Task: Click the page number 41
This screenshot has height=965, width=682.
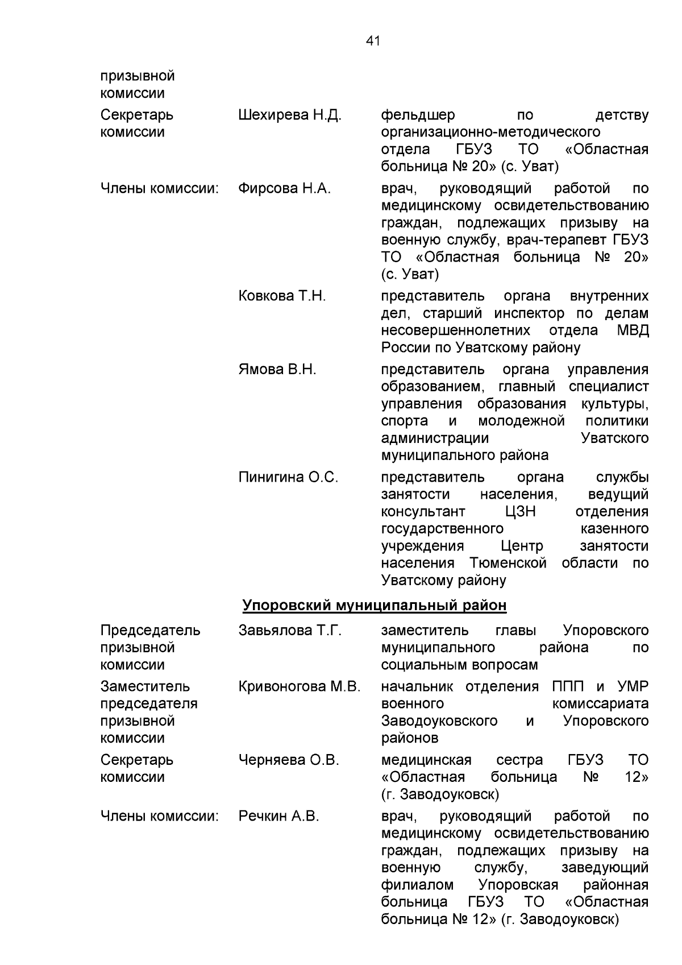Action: (x=373, y=41)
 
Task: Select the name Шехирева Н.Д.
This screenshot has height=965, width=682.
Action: (x=290, y=115)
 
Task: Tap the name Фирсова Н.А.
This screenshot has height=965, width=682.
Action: (x=284, y=189)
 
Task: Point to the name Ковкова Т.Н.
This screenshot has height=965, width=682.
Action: (x=282, y=296)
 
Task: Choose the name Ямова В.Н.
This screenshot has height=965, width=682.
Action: (x=277, y=370)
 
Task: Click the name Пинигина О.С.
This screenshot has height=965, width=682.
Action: (x=288, y=478)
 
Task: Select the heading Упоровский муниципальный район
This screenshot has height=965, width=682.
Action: (x=374, y=606)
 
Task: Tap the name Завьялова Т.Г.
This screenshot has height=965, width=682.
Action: (x=290, y=631)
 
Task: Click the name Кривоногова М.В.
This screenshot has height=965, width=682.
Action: (x=300, y=687)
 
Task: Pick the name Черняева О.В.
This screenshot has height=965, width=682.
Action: (x=289, y=760)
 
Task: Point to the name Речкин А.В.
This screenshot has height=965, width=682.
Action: (x=278, y=817)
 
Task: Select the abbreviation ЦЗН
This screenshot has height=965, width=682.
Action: (x=520, y=512)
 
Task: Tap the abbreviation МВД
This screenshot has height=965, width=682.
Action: (x=633, y=330)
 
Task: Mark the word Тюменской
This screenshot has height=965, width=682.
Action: (x=508, y=564)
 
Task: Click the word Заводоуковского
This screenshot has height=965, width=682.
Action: (x=439, y=721)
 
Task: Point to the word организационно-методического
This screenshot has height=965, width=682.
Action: (x=490, y=132)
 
